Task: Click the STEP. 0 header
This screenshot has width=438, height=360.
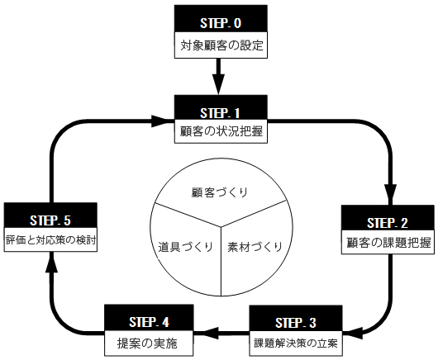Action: click(x=221, y=18)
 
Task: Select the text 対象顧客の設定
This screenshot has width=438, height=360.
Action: click(x=221, y=45)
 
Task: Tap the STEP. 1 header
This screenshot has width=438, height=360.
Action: click(x=221, y=107)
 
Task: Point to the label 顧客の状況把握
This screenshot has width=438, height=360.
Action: click(x=221, y=131)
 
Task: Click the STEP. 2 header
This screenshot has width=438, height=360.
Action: click(x=388, y=218)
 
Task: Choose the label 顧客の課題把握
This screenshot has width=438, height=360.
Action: click(x=388, y=242)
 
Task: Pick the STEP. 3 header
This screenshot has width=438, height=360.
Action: click(x=296, y=318)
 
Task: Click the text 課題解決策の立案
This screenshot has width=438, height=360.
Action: click(x=296, y=343)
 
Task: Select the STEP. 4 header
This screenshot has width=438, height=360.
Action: click(x=149, y=318)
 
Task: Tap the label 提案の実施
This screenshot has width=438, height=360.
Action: click(x=147, y=343)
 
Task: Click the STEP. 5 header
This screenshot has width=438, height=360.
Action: click(x=50, y=216)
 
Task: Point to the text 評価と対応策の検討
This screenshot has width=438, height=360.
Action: click(x=51, y=240)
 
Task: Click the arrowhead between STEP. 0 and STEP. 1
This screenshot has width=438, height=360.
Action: click(x=218, y=84)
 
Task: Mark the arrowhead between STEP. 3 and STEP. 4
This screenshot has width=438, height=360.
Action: click(x=210, y=333)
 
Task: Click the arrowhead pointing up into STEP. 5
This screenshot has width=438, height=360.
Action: click(x=51, y=263)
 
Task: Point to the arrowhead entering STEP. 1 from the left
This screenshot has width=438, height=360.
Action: click(x=161, y=121)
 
